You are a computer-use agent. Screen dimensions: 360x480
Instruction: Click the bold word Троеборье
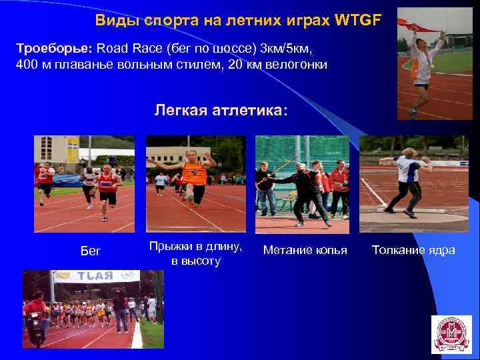[55, 49]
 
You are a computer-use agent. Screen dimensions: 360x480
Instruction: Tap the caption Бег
[90, 251]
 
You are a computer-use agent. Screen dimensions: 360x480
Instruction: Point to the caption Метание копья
[305, 250]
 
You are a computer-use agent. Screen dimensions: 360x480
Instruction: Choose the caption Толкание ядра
[413, 250]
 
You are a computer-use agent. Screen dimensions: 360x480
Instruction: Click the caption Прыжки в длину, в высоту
[196, 253]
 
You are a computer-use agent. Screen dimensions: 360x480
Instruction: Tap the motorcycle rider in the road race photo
[36, 316]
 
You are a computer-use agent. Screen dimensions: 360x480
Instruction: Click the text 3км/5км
[286, 49]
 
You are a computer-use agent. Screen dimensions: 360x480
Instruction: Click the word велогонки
[293, 65]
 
